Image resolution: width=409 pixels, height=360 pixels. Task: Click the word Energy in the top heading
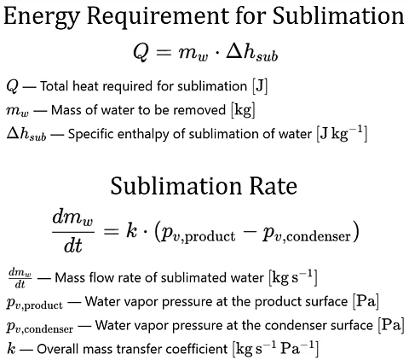41,17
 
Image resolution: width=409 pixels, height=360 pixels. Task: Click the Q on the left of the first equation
141,53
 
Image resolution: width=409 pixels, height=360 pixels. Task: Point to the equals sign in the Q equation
164,52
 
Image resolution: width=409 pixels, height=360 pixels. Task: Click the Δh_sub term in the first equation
251,53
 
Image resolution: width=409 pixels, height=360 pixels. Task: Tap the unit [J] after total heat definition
260,86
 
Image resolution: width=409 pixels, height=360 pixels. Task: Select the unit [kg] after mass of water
243,110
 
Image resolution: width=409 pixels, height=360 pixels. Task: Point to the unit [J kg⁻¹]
342,133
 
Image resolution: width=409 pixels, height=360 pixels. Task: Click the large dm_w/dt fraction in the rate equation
73,232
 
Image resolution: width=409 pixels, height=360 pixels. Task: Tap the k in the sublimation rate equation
131,230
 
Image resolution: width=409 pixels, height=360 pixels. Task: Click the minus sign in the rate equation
249,232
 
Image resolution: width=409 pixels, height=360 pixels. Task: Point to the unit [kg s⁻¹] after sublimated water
293,277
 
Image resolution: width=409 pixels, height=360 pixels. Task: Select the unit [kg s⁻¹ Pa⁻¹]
275,348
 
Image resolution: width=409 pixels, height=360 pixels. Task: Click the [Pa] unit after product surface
366,301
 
